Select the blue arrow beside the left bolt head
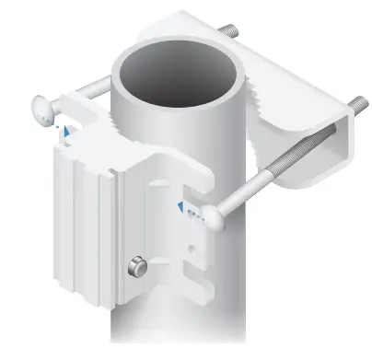coord(64,131)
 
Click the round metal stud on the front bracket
coord(137,267)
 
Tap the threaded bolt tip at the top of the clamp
coord(229,32)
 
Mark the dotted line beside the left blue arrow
coord(58,120)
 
